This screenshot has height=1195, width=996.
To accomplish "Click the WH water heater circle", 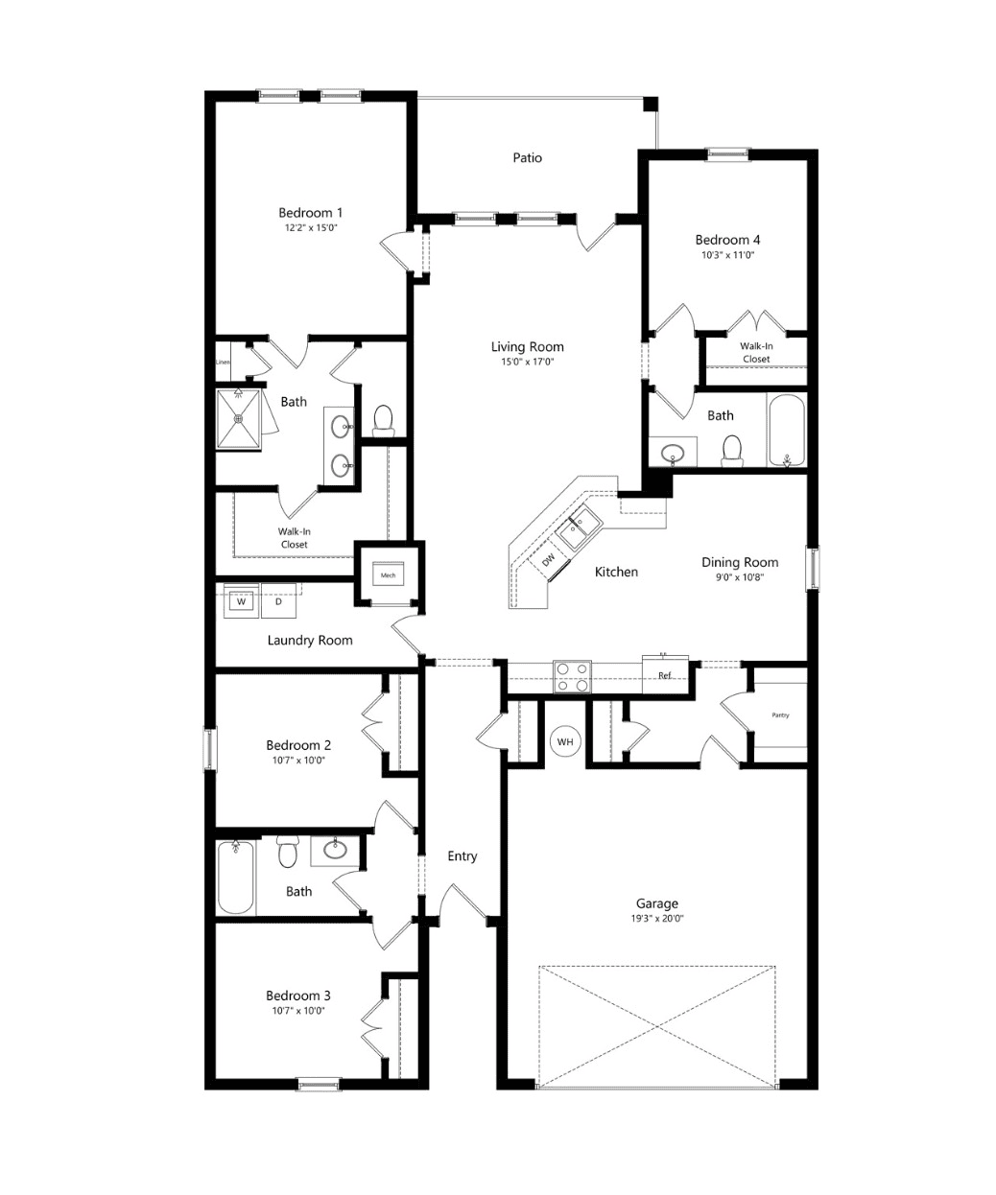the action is coord(565,741).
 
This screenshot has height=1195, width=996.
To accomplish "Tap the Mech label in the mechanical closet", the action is coord(388,575).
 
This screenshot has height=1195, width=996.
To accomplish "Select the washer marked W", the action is coord(241,601).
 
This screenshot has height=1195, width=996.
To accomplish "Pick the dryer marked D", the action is coord(278,601).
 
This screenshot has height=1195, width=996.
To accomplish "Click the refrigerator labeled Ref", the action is coord(664,675).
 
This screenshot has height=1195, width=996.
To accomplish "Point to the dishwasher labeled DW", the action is coord(549,559).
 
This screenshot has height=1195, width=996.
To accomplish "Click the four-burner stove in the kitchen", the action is coord(572,677).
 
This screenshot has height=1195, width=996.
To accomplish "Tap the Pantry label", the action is coord(780,715).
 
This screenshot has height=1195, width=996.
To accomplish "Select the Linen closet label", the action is coord(223,363).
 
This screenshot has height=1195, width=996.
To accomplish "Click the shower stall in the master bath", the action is coord(239,419).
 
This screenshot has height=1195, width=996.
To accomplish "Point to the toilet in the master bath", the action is coord(383,421).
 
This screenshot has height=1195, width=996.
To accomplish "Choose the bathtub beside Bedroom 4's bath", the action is coord(787,430).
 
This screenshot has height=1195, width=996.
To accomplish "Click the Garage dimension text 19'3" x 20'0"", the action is coord(657,919).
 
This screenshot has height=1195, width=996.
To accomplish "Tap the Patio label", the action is coord(527,157).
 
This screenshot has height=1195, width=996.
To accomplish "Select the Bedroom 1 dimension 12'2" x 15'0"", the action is coord(311,227).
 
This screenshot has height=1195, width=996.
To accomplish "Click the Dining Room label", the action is coord(740,562).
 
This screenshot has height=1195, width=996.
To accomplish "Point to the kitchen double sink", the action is coord(579,527).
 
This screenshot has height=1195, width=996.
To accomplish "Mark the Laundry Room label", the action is coord(310,640).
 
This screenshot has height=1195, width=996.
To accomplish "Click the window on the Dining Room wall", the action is coord(813,568).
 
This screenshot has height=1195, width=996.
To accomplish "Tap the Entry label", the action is coord(462,856).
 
